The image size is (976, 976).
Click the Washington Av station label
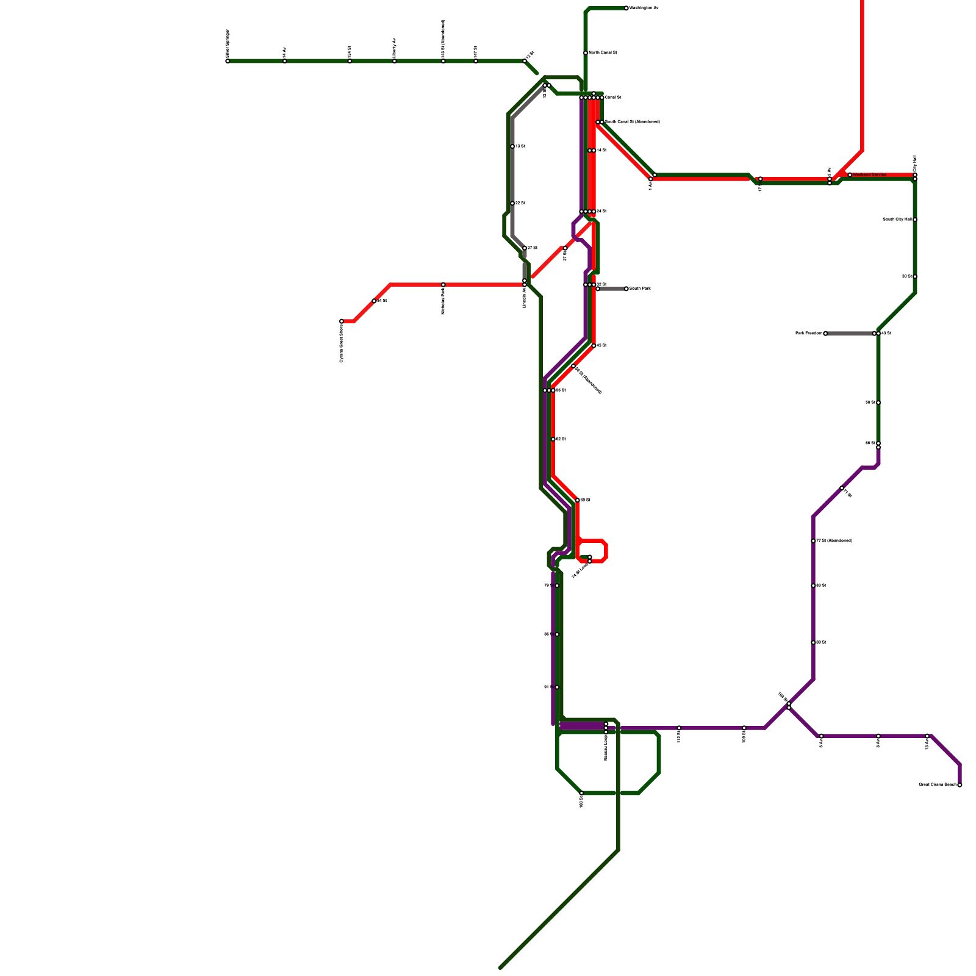point(644,8)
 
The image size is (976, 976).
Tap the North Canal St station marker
point(586,53)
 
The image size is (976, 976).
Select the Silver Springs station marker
point(228,61)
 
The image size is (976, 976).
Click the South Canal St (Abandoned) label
point(632,122)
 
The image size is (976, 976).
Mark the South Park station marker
point(626,289)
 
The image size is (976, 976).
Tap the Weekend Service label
point(870,174)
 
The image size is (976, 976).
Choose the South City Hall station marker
point(915,220)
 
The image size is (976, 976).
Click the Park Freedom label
point(808,334)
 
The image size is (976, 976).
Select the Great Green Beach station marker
point(960,785)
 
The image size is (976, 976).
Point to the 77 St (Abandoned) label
point(834,540)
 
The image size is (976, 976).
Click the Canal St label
point(613,98)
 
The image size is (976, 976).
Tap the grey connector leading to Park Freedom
point(850,334)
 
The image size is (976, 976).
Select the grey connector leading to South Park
point(612,289)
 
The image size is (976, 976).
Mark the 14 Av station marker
point(285,61)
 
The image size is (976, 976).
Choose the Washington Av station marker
point(626,8)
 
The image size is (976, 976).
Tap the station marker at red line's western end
point(342,321)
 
